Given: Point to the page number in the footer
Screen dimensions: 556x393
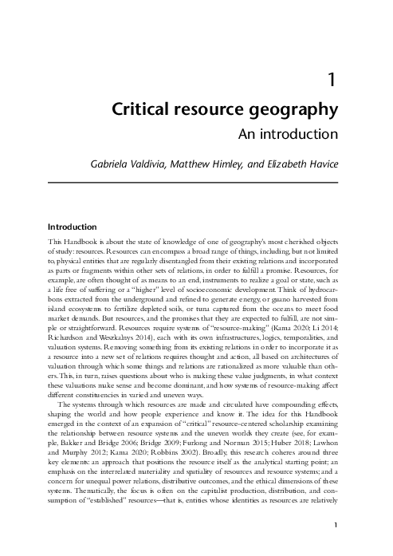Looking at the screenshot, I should point(338,525).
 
